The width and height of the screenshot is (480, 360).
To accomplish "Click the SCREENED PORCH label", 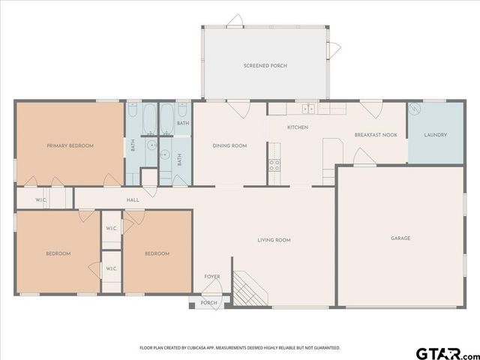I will click(x=265, y=66).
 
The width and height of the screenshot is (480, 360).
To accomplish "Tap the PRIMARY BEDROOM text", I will click(x=70, y=145).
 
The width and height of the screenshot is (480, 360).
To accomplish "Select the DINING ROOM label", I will click(x=229, y=145).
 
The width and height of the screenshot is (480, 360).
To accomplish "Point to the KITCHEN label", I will click(x=298, y=127).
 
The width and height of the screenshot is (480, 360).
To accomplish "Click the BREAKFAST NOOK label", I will click(x=376, y=136).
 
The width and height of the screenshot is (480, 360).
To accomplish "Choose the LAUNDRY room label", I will click(x=435, y=136).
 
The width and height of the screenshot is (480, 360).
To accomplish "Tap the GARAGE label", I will click(x=400, y=238).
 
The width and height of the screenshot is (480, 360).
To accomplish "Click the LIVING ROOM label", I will click(x=274, y=240).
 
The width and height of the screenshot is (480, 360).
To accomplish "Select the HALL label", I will click(x=133, y=200).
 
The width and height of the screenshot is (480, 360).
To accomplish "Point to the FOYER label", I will click(x=212, y=277).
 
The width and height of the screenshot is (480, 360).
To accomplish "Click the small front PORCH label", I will click(x=209, y=303).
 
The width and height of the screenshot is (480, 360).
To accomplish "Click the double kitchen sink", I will click(x=307, y=109).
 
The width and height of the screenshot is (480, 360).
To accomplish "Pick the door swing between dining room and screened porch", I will click(x=239, y=109).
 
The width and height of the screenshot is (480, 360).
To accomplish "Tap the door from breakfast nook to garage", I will click(x=363, y=157).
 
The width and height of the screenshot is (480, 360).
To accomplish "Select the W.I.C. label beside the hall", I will click(x=41, y=200).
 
